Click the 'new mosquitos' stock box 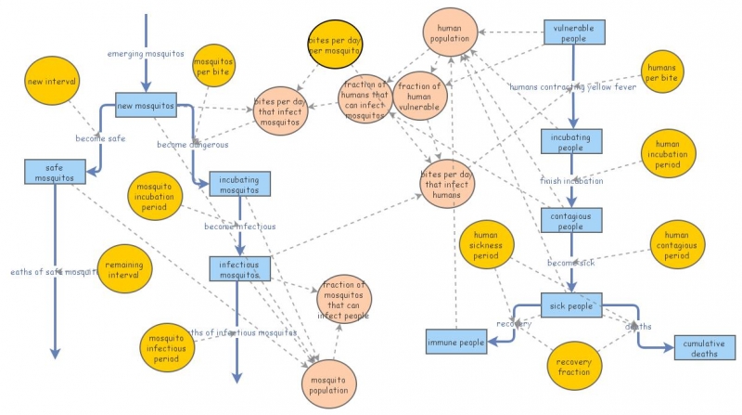pyautogui.click(x=146, y=105)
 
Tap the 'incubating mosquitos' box pyautogui.click(x=240, y=184)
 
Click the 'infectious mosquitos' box pyautogui.click(x=240, y=269)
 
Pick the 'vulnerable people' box pyautogui.click(x=573, y=33)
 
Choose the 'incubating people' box pyautogui.click(x=573, y=141)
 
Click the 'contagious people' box pyautogui.click(x=573, y=220)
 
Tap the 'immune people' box pyautogui.click(x=456, y=343)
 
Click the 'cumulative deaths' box pyautogui.click(x=697, y=348)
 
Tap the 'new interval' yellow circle pyautogui.click(x=52, y=81)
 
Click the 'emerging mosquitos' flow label pyautogui.click(x=146, y=53)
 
